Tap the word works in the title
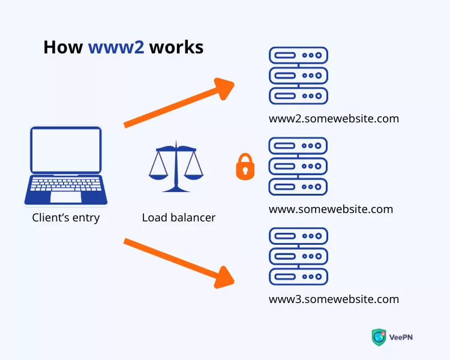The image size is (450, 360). pos(176,47)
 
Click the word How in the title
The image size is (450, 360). pos(63,47)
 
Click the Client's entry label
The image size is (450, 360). pos(66,218)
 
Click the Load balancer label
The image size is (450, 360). pos(179,218)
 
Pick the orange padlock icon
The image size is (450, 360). pos(244,166)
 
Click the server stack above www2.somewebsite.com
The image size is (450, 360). pos(298,76)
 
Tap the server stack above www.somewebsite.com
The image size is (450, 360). pos(298,166)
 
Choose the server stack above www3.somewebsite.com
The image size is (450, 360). pos(298,256)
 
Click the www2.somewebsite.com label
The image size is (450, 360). pos(334,118)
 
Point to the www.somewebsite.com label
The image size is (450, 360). pos(331,209)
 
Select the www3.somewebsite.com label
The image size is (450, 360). pos(334,299)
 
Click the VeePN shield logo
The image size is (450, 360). pos(379,337)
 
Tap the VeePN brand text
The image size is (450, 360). pos(401,337)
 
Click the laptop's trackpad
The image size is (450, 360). pos(66,197)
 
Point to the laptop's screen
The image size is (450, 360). pos(66,150)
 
